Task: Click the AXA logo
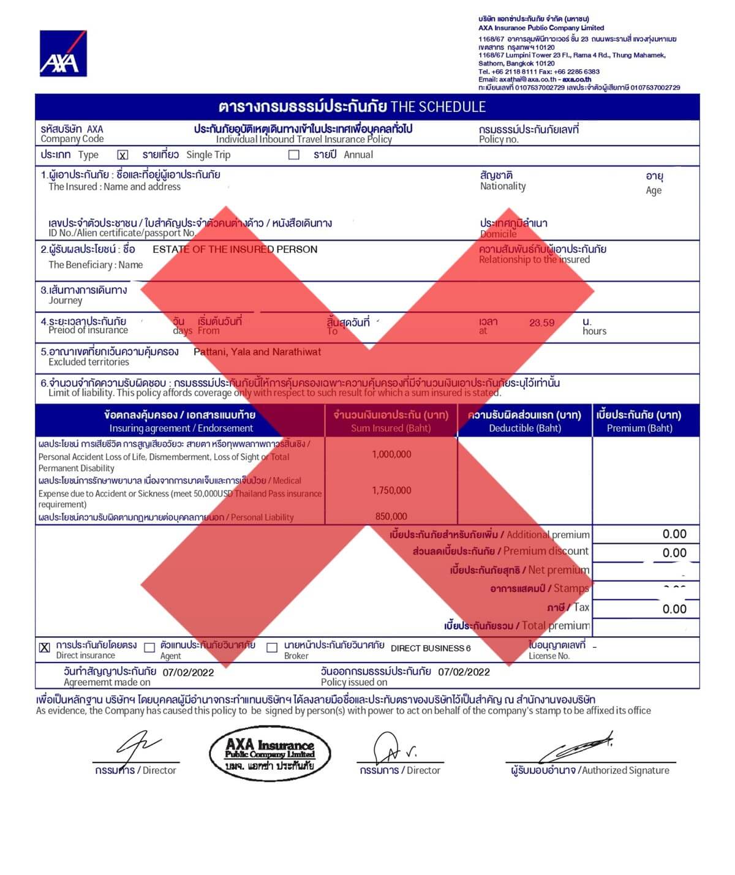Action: [63, 54]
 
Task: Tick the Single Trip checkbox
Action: [123, 155]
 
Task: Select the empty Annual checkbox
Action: [294, 155]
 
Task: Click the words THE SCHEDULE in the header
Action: [438, 107]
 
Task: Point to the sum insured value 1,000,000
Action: [391, 454]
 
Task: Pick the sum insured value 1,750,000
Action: [391, 490]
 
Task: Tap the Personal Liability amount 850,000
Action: [391, 517]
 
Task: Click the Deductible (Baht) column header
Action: [524, 428]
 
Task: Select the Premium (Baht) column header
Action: [639, 428]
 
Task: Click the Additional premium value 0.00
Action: [674, 535]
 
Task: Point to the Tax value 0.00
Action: [674, 609]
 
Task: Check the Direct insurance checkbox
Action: [45, 648]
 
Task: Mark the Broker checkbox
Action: [272, 648]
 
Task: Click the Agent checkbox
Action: [149, 648]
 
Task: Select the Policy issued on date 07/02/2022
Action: [464, 672]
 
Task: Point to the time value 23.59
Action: [541, 323]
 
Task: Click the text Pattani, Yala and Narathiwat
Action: [257, 352]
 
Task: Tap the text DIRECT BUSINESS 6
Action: [431, 648]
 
